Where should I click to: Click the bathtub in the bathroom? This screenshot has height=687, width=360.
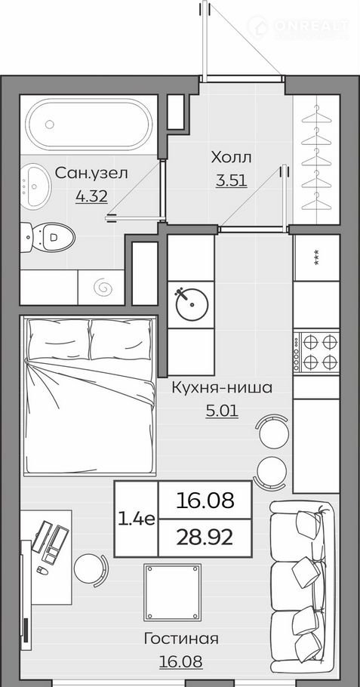coord(88,125)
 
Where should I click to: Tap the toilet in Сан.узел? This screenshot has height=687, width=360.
coord(48,238)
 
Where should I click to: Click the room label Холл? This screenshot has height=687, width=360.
coord(231,157)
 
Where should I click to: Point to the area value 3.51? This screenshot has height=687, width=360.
coord(232,180)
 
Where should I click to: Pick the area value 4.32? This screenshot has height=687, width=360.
coord(91,197)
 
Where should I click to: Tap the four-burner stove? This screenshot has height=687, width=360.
coord(316,352)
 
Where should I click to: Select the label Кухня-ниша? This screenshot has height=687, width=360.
coord(222,388)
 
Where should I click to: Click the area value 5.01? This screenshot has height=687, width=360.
coord(222,411)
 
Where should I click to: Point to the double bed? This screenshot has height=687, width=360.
coord(90,396)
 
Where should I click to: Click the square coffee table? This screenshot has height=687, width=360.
coord(173,593)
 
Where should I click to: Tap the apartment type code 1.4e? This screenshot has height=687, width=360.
coord(136,519)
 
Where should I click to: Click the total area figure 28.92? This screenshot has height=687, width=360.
coord(205,538)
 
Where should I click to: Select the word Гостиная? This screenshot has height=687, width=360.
coord(181,639)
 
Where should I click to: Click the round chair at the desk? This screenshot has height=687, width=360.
coord(90,568)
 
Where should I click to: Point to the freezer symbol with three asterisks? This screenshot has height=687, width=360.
coord(316,257)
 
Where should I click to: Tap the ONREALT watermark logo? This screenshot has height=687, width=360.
coord(298,26)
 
